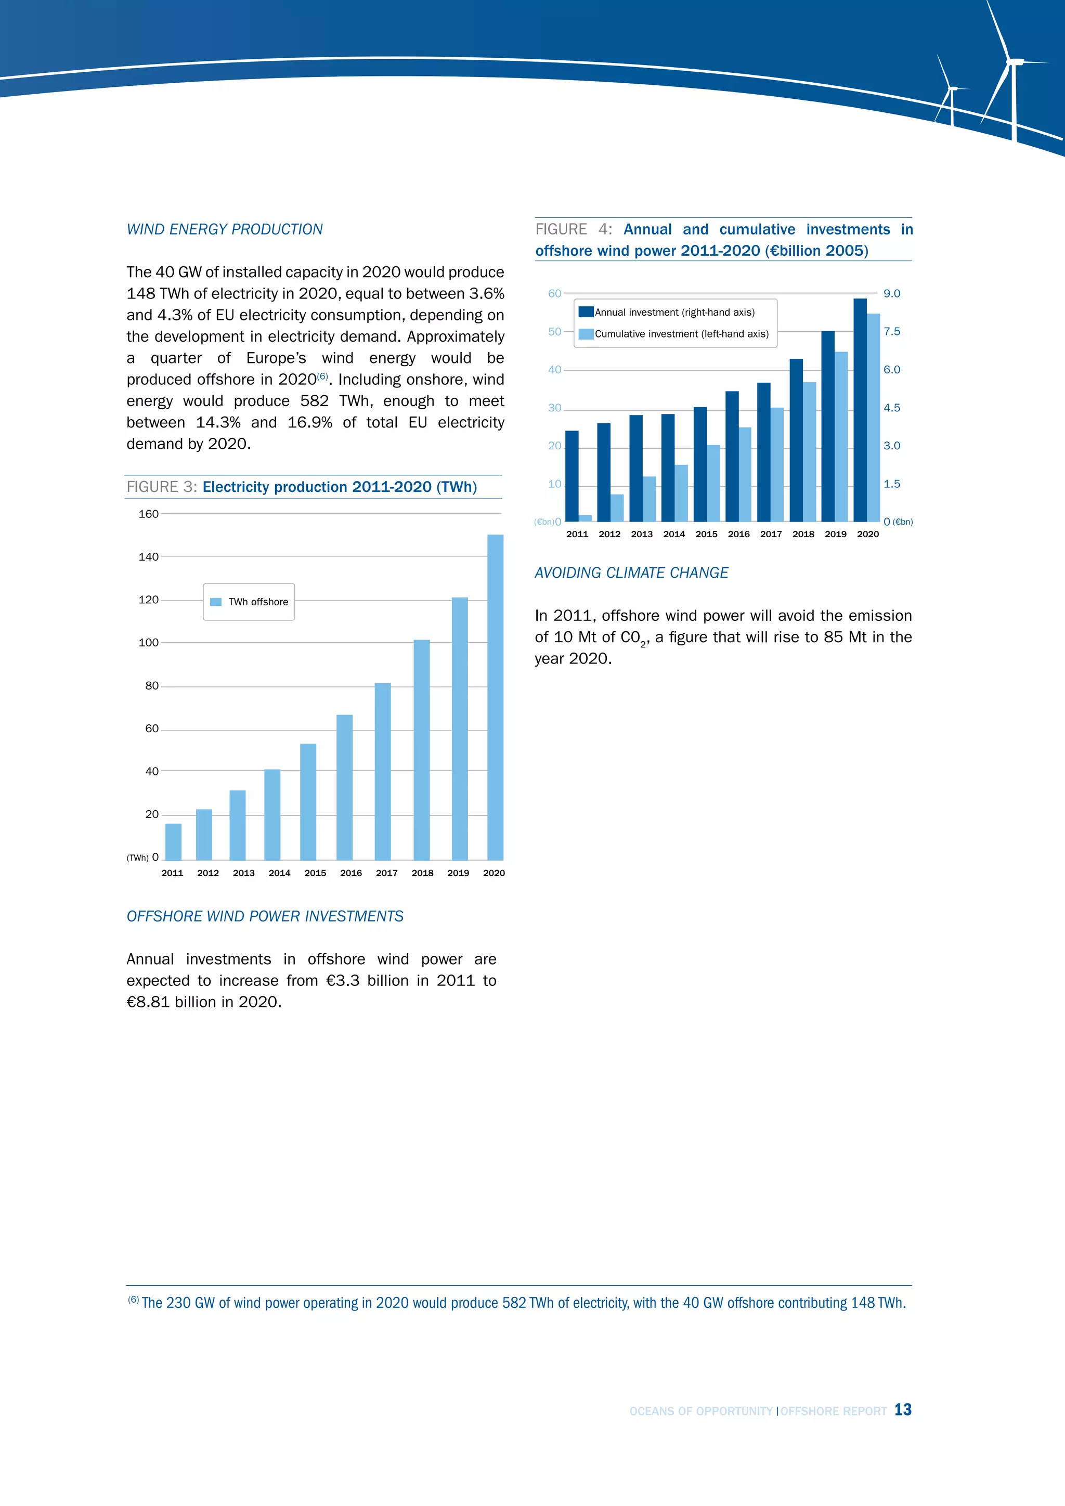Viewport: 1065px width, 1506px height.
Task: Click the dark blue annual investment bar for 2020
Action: tap(860, 410)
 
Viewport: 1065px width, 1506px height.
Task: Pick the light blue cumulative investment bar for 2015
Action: tap(713, 484)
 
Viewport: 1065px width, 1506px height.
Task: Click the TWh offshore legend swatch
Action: tap(216, 602)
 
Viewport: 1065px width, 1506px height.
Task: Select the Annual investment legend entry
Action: tap(674, 312)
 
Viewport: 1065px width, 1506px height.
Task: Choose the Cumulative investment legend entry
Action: tap(681, 334)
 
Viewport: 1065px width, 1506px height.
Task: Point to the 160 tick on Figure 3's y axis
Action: tap(148, 514)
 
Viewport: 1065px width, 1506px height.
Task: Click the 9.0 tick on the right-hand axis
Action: tap(891, 293)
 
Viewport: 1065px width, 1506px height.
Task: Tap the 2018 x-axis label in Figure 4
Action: tap(803, 534)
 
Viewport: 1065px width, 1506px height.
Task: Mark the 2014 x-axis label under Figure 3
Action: tap(279, 873)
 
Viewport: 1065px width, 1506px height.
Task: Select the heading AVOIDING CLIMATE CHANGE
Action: tap(631, 573)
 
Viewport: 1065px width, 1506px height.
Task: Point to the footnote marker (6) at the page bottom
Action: tap(133, 1300)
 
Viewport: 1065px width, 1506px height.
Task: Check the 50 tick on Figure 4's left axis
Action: tap(555, 331)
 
